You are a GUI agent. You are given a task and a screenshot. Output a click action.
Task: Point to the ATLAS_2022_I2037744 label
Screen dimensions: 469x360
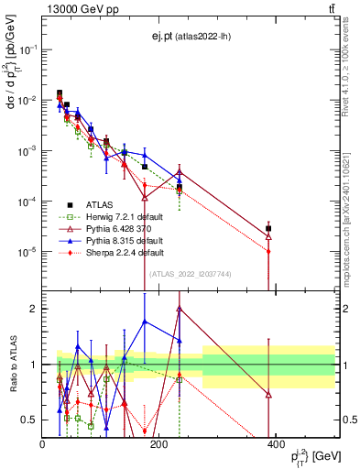tap(189, 274)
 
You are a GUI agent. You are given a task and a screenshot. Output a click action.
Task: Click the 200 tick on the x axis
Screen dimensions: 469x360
tap(159, 443)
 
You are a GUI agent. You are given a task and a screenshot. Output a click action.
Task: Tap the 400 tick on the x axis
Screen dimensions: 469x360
tap(276, 443)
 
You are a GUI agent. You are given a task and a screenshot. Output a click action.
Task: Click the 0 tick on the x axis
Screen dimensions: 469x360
tap(43, 443)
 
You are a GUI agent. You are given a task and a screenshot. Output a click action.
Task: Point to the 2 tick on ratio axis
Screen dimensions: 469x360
tap(33, 310)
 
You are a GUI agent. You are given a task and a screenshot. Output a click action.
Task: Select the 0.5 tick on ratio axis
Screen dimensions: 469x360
tap(28, 420)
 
